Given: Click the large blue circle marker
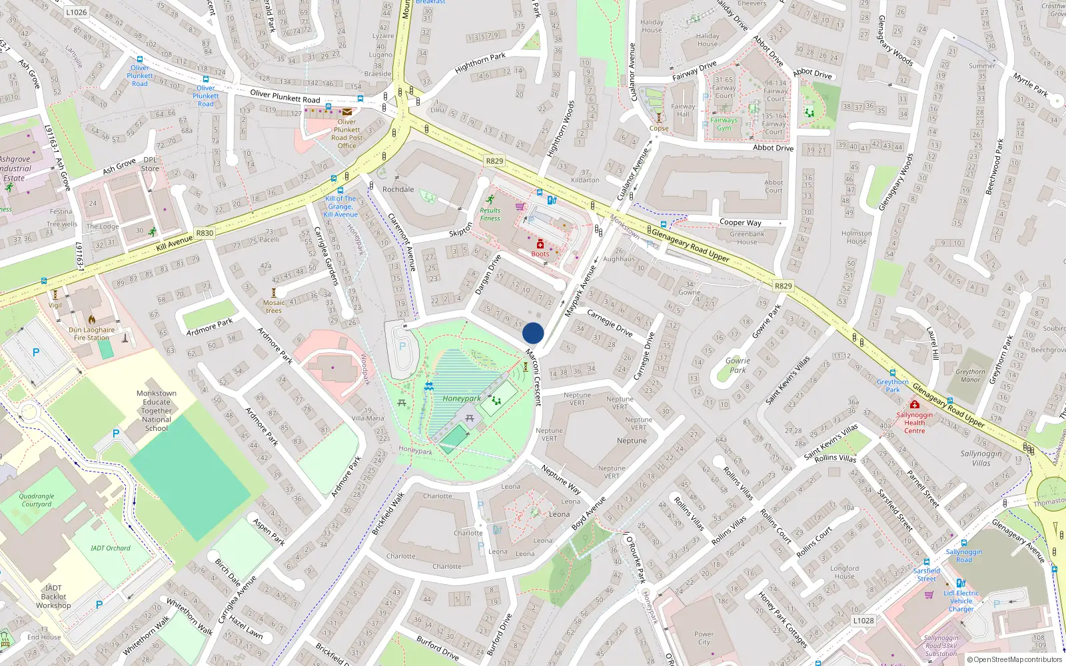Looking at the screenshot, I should [533, 333].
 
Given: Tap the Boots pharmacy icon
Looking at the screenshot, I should [540, 244].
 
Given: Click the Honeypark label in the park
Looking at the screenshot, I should [461, 398].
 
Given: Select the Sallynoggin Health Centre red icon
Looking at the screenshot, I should [914, 404].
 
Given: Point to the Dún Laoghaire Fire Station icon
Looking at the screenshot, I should [91, 320].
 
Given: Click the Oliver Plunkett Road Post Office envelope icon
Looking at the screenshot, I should [347, 112].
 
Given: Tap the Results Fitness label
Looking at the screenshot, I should [490, 214].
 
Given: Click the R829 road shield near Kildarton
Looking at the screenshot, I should [494, 161].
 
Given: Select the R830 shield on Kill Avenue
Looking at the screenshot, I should [205, 233].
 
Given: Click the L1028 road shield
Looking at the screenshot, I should [863, 620].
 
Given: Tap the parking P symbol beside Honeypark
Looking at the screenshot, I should [402, 346].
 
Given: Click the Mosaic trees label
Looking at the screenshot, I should [274, 306].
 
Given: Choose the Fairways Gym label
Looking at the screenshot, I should [724, 124].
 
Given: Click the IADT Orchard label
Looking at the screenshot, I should [111, 548].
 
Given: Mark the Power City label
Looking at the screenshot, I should [704, 638].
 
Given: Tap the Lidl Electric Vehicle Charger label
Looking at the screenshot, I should [961, 601].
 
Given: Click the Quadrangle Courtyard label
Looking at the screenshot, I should [37, 500].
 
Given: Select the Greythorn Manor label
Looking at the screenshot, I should [970, 376].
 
